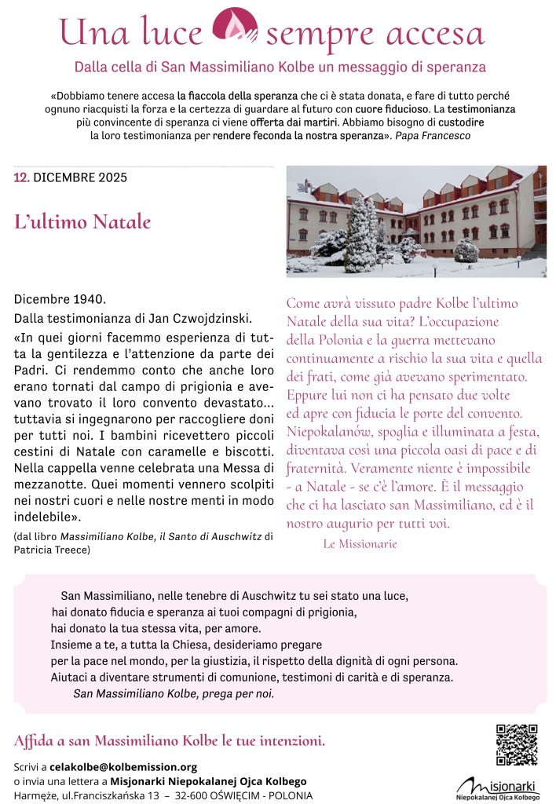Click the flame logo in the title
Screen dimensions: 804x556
[236, 29]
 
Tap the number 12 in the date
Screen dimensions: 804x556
[21, 177]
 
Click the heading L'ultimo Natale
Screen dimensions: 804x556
[82, 221]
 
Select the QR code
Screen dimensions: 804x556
[516, 745]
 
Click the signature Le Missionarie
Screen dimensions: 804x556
[360, 543]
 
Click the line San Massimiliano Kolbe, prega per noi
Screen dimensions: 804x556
[174, 694]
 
